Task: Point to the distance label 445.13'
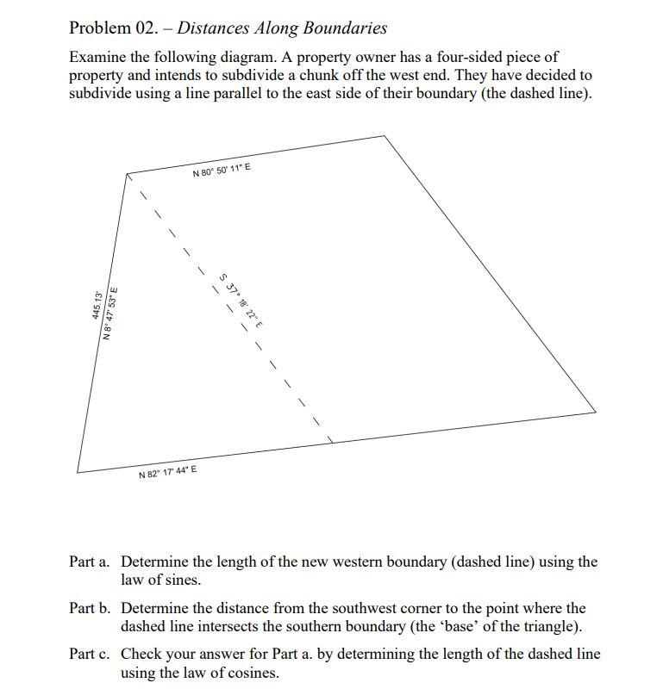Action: click(97, 306)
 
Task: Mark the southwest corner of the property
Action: click(78, 471)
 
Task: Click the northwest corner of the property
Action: click(128, 173)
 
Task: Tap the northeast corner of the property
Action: click(384, 135)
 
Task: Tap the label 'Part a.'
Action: click(90, 562)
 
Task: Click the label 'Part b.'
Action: click(90, 608)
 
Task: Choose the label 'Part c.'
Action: click(90, 655)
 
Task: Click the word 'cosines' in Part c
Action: click(253, 673)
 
